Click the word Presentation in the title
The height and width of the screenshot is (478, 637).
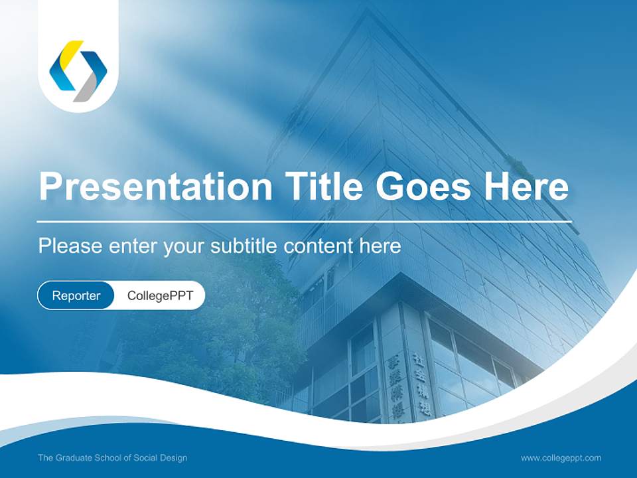click(155, 187)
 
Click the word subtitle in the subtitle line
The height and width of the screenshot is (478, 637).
click(244, 246)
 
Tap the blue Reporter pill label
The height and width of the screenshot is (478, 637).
click(76, 295)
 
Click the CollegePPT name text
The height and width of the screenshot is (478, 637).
click(160, 295)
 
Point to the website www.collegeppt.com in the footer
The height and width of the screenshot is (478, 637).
click(561, 458)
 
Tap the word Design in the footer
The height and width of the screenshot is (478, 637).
click(174, 458)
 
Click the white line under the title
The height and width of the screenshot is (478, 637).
click(304, 222)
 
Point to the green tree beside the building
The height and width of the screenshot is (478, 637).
click(226, 319)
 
